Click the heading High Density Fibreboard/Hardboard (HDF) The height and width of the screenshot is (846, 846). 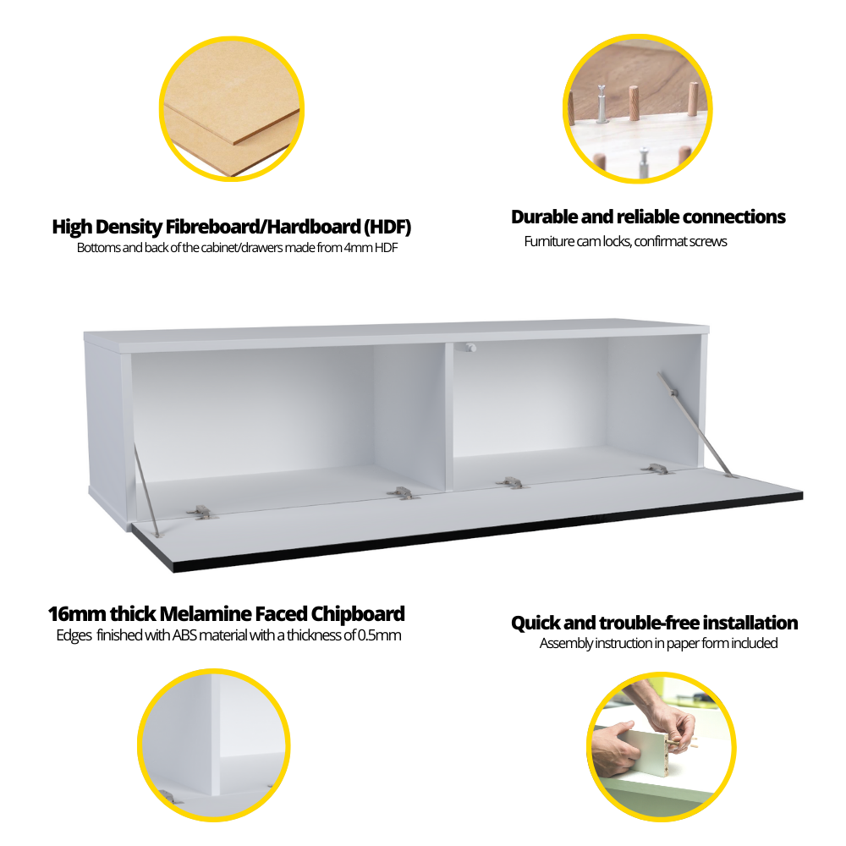[x=232, y=227]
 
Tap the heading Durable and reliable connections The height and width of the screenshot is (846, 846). [x=648, y=217]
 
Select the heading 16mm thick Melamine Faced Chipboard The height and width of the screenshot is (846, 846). [x=227, y=614]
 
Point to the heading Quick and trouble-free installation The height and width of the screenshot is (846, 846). [x=655, y=623]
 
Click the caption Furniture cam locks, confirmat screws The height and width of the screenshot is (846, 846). [x=625, y=241]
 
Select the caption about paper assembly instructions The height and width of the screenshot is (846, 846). [x=658, y=643]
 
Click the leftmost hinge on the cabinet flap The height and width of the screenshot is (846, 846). [x=202, y=512]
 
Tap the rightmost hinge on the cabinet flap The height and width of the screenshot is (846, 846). [x=656, y=469]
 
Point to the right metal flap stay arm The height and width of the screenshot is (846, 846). [x=695, y=424]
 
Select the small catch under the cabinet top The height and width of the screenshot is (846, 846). [x=470, y=348]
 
